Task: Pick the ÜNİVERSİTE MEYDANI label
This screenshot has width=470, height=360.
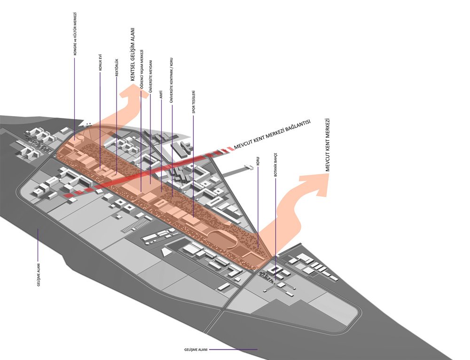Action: (150, 77)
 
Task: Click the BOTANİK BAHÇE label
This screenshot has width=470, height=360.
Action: (276, 165)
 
